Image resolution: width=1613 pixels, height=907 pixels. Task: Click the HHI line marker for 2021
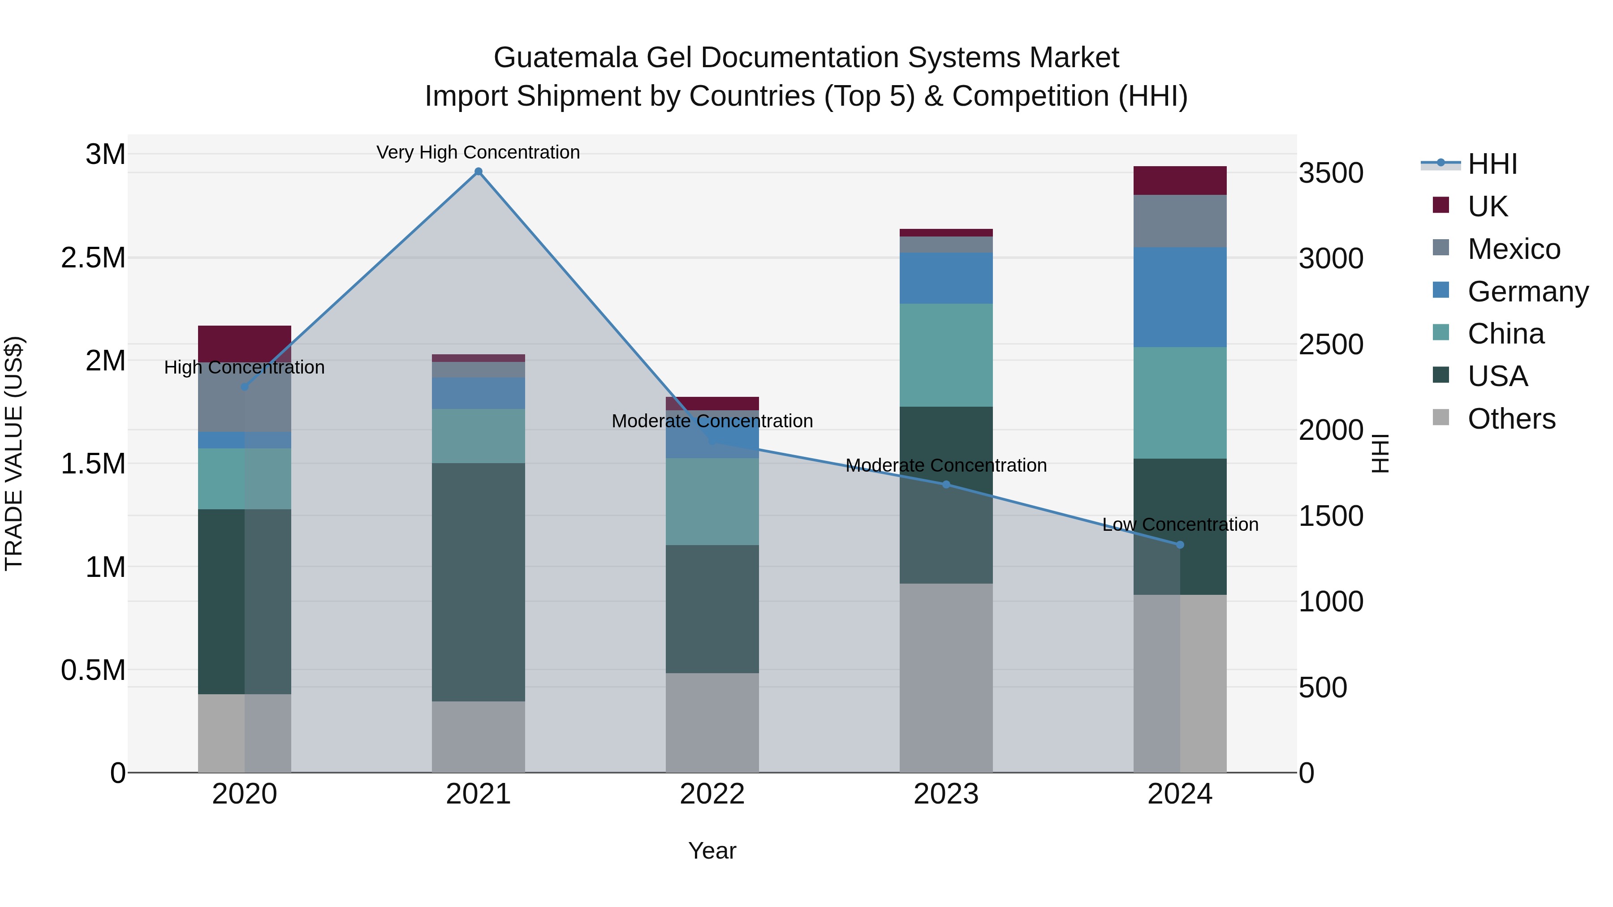point(479,172)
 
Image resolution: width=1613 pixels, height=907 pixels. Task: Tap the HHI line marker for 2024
point(1180,545)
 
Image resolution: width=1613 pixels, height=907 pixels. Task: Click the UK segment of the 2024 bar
point(1180,180)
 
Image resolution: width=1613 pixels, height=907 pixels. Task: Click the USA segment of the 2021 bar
point(479,582)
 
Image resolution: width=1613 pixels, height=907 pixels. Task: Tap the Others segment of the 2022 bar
point(712,722)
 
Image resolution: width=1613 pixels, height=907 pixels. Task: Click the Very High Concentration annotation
point(479,152)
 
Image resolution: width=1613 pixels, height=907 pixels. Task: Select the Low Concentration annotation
point(1180,524)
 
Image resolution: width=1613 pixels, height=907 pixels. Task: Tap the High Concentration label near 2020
point(244,367)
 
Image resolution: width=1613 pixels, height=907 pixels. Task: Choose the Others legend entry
point(1510,419)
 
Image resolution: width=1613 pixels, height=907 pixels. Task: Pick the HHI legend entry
point(1492,164)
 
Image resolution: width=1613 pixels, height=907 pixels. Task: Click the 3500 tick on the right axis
point(1331,173)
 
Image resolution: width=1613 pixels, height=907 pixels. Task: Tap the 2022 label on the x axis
point(712,794)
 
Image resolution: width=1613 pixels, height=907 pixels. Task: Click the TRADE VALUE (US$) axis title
point(14,453)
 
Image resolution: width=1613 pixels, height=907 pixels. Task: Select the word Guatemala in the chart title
point(565,58)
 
